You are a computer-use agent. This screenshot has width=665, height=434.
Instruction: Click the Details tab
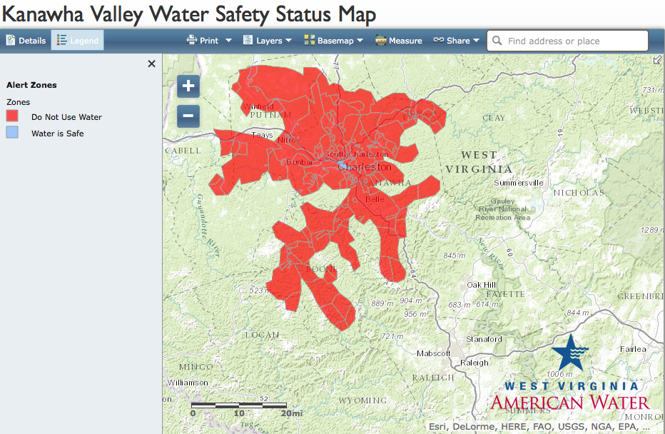[26, 41]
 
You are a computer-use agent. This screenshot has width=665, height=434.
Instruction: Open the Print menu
[209, 41]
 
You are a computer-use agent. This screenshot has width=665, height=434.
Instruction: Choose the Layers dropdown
[268, 41]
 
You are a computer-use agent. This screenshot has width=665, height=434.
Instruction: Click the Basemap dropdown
[333, 41]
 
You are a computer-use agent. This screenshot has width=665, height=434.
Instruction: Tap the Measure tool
[399, 41]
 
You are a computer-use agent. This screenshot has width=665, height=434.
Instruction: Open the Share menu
[457, 41]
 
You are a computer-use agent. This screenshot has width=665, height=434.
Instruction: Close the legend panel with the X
[151, 64]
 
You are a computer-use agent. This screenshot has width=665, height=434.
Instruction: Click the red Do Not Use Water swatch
[12, 116]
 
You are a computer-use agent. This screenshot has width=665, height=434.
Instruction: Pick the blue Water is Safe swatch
[12, 133]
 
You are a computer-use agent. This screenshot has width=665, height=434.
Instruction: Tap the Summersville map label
[519, 183]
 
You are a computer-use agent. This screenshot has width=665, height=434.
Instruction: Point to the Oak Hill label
[481, 285]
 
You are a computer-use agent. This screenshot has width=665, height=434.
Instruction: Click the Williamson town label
[188, 383]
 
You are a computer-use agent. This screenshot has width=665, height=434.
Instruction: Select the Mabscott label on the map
[433, 353]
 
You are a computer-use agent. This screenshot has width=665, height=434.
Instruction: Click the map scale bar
[239, 405]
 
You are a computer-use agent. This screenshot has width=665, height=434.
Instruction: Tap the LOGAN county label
[262, 334]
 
